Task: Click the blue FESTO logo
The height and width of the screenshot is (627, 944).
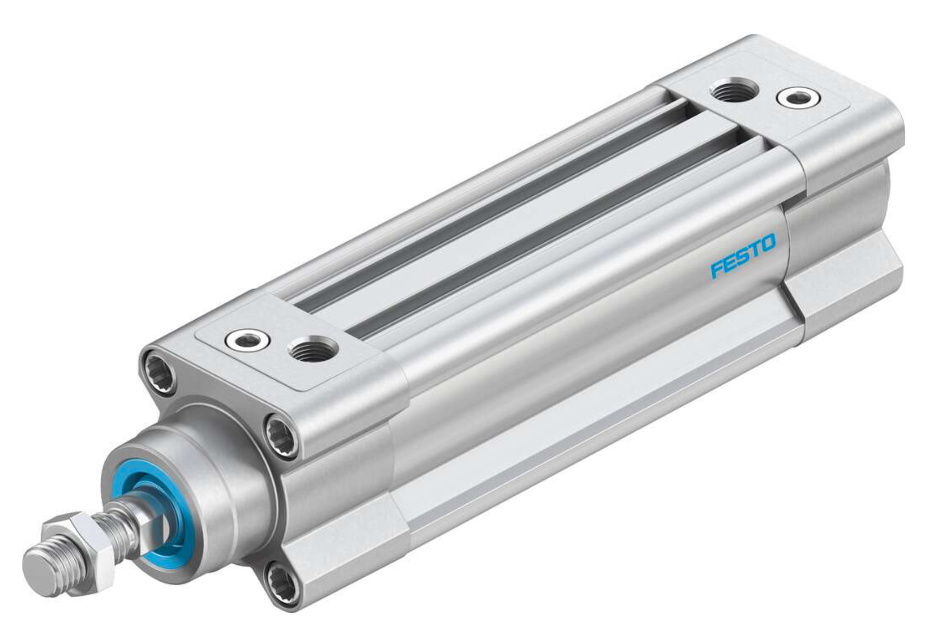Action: tap(743, 257)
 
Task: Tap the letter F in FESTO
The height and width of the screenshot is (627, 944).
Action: tap(717, 270)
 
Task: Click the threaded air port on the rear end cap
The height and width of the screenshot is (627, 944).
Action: tap(727, 92)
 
